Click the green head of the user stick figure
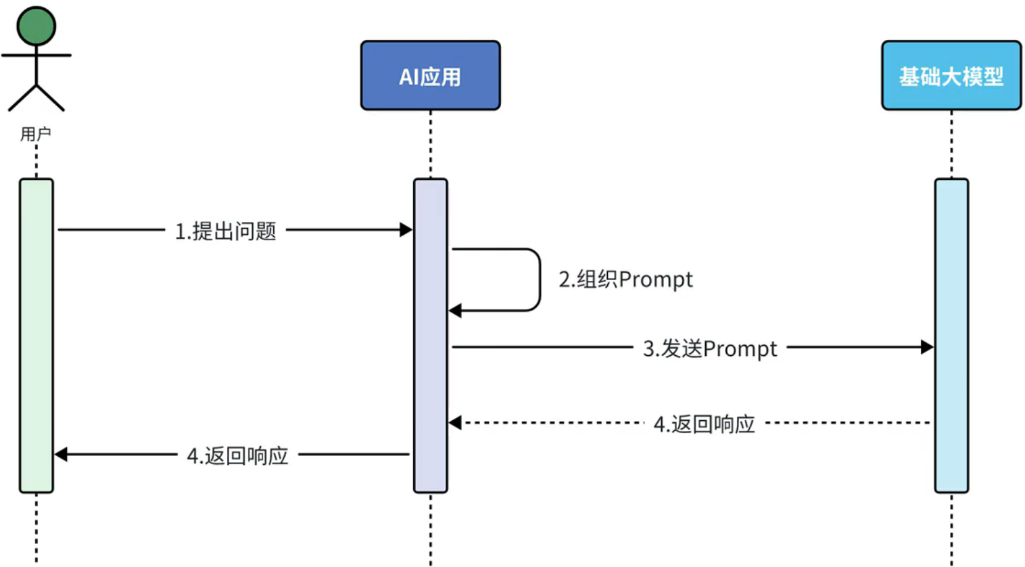[x=37, y=26]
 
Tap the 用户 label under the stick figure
[x=36, y=134]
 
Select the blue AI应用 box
[x=430, y=75]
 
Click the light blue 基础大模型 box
[x=951, y=75]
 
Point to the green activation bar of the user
[x=37, y=335]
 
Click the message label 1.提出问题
[x=226, y=231]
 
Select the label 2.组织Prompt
[x=625, y=279]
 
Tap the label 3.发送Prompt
[x=710, y=348]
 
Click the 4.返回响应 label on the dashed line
[x=704, y=424]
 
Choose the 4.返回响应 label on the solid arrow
[x=237, y=455]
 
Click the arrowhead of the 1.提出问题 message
[x=406, y=230]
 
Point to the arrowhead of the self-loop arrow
[x=455, y=311]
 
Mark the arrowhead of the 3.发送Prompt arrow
[x=927, y=347]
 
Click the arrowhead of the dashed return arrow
[x=455, y=423]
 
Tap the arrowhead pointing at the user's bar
[x=61, y=455]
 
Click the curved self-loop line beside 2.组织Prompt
[x=539, y=279]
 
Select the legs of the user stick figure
[x=37, y=98]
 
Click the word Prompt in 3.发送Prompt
[x=740, y=349]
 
